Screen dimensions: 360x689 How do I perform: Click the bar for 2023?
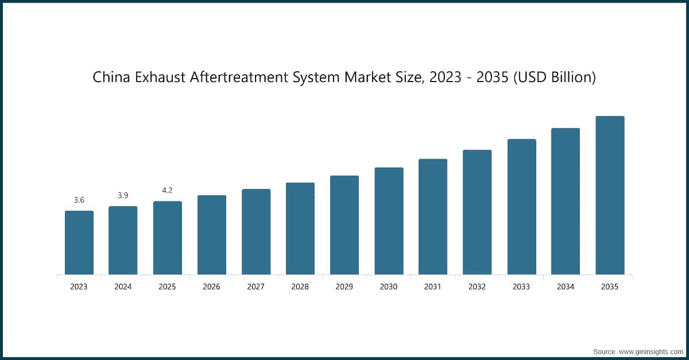[79, 242]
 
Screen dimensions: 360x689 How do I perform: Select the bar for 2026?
[211, 235]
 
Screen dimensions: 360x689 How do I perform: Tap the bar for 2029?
[344, 225]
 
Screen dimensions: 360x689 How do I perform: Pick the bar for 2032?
[477, 212]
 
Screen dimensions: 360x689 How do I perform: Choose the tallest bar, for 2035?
[610, 195]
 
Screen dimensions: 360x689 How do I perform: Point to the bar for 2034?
[566, 201]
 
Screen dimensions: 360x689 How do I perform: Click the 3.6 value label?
[79, 200]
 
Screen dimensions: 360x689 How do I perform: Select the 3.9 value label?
[123, 195]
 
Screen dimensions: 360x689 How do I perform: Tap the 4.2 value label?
[167, 190]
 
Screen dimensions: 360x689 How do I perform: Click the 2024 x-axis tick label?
[123, 287]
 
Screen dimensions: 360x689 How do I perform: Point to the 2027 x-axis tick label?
[256, 287]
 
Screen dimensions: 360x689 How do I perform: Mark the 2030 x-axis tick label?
[389, 287]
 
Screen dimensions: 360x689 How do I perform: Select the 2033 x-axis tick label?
[521, 287]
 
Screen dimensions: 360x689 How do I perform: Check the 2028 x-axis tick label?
[300, 287]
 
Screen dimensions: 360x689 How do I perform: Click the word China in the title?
[111, 78]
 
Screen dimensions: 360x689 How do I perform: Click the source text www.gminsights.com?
[651, 350]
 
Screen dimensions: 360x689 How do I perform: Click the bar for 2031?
[433, 216]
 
